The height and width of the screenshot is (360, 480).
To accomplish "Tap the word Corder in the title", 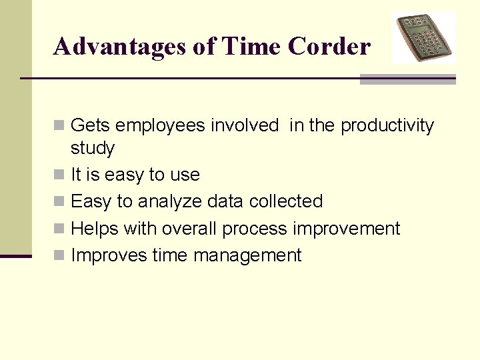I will (329, 47).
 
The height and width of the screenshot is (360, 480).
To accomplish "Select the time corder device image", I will (423, 37).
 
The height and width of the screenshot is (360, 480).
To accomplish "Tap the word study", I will (93, 148).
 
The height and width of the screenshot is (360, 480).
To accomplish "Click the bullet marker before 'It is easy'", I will (59, 175).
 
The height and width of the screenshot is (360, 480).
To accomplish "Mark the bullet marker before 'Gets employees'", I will (59, 125).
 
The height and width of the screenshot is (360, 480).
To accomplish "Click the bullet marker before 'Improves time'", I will (59, 255).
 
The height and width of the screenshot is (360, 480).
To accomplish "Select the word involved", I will (245, 125).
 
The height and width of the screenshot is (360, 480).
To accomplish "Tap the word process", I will (255, 229).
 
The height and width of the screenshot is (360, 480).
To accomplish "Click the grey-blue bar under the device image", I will (407, 79).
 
